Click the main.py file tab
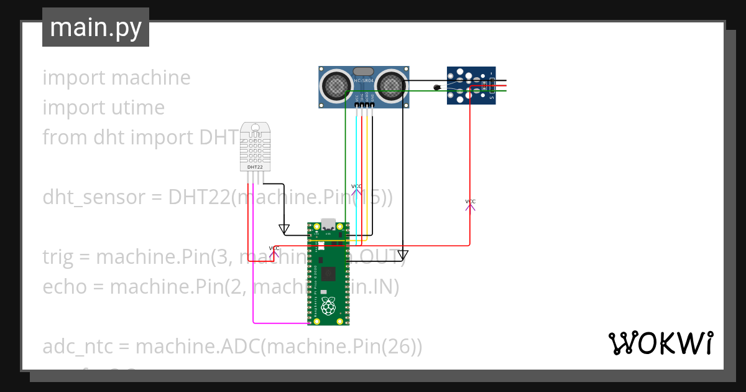pos(95,27)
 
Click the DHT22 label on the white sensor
pos(255,167)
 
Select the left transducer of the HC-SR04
pos(336,85)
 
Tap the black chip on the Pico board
pos(328,273)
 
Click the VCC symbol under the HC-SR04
pos(356,189)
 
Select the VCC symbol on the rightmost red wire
pos(470,203)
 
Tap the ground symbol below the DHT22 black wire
pos(284,230)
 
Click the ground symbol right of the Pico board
pos(402,254)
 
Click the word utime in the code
pos(138,108)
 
